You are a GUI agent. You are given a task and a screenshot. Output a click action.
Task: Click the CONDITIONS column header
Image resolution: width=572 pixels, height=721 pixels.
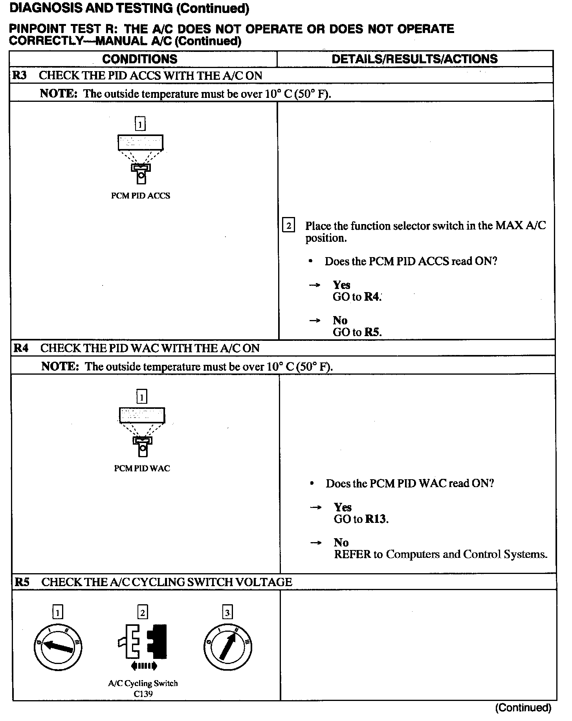pyautogui.click(x=139, y=59)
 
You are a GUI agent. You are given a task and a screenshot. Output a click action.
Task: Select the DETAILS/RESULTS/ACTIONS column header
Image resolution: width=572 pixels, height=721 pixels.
pyautogui.click(x=414, y=59)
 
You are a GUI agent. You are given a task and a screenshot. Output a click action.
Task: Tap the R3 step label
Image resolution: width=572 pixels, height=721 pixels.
pyautogui.click(x=20, y=75)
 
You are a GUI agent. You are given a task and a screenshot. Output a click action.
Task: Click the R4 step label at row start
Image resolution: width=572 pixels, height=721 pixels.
pyautogui.click(x=21, y=348)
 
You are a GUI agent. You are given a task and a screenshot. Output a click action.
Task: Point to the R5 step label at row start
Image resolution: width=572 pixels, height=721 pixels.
pyautogui.click(x=22, y=582)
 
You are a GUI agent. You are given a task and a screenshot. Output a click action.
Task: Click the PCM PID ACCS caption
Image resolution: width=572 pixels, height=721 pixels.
pyautogui.click(x=140, y=196)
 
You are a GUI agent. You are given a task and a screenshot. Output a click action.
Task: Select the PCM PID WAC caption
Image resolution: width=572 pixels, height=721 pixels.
pyautogui.click(x=142, y=468)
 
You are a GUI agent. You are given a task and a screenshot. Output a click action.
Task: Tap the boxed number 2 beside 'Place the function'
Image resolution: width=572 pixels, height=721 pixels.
pyautogui.click(x=289, y=226)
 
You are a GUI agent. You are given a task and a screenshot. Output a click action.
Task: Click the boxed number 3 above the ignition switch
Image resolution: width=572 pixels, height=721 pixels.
pyautogui.click(x=227, y=612)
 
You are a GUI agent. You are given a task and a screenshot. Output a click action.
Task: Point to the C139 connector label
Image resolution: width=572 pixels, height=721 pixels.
pyautogui.click(x=143, y=694)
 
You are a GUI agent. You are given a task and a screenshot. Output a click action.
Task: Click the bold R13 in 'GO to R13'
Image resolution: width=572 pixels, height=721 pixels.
pyautogui.click(x=376, y=519)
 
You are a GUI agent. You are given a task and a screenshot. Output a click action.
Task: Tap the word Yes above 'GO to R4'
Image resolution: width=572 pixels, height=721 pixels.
pyautogui.click(x=341, y=285)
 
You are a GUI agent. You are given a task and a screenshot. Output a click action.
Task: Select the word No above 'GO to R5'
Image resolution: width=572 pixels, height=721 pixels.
pyautogui.click(x=340, y=320)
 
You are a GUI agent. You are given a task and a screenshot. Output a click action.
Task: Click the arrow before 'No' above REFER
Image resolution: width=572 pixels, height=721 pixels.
pyautogui.click(x=315, y=543)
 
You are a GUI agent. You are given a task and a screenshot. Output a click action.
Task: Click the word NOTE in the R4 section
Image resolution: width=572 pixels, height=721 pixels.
pyautogui.click(x=60, y=366)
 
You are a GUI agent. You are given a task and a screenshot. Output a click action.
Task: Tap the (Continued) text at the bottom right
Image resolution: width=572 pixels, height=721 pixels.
pyautogui.click(x=523, y=708)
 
